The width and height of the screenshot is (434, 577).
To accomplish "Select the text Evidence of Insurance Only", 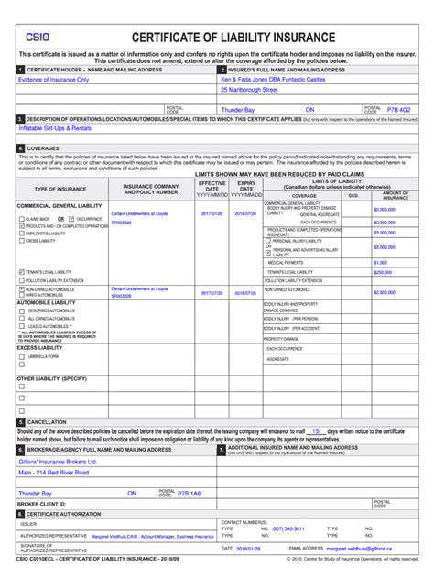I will click(54, 80).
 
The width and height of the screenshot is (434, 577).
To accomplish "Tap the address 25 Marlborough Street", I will click(249, 91).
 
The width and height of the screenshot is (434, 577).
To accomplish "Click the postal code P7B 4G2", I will click(399, 109).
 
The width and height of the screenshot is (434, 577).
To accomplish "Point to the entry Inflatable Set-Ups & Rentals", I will click(56, 130).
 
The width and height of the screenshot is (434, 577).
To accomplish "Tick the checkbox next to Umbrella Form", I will click(22, 356).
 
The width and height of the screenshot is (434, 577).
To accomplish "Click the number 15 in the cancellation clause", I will click(314, 430).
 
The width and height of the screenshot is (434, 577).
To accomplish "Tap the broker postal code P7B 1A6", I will click(189, 492).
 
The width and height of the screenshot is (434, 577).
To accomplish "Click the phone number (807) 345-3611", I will click(288, 528).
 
